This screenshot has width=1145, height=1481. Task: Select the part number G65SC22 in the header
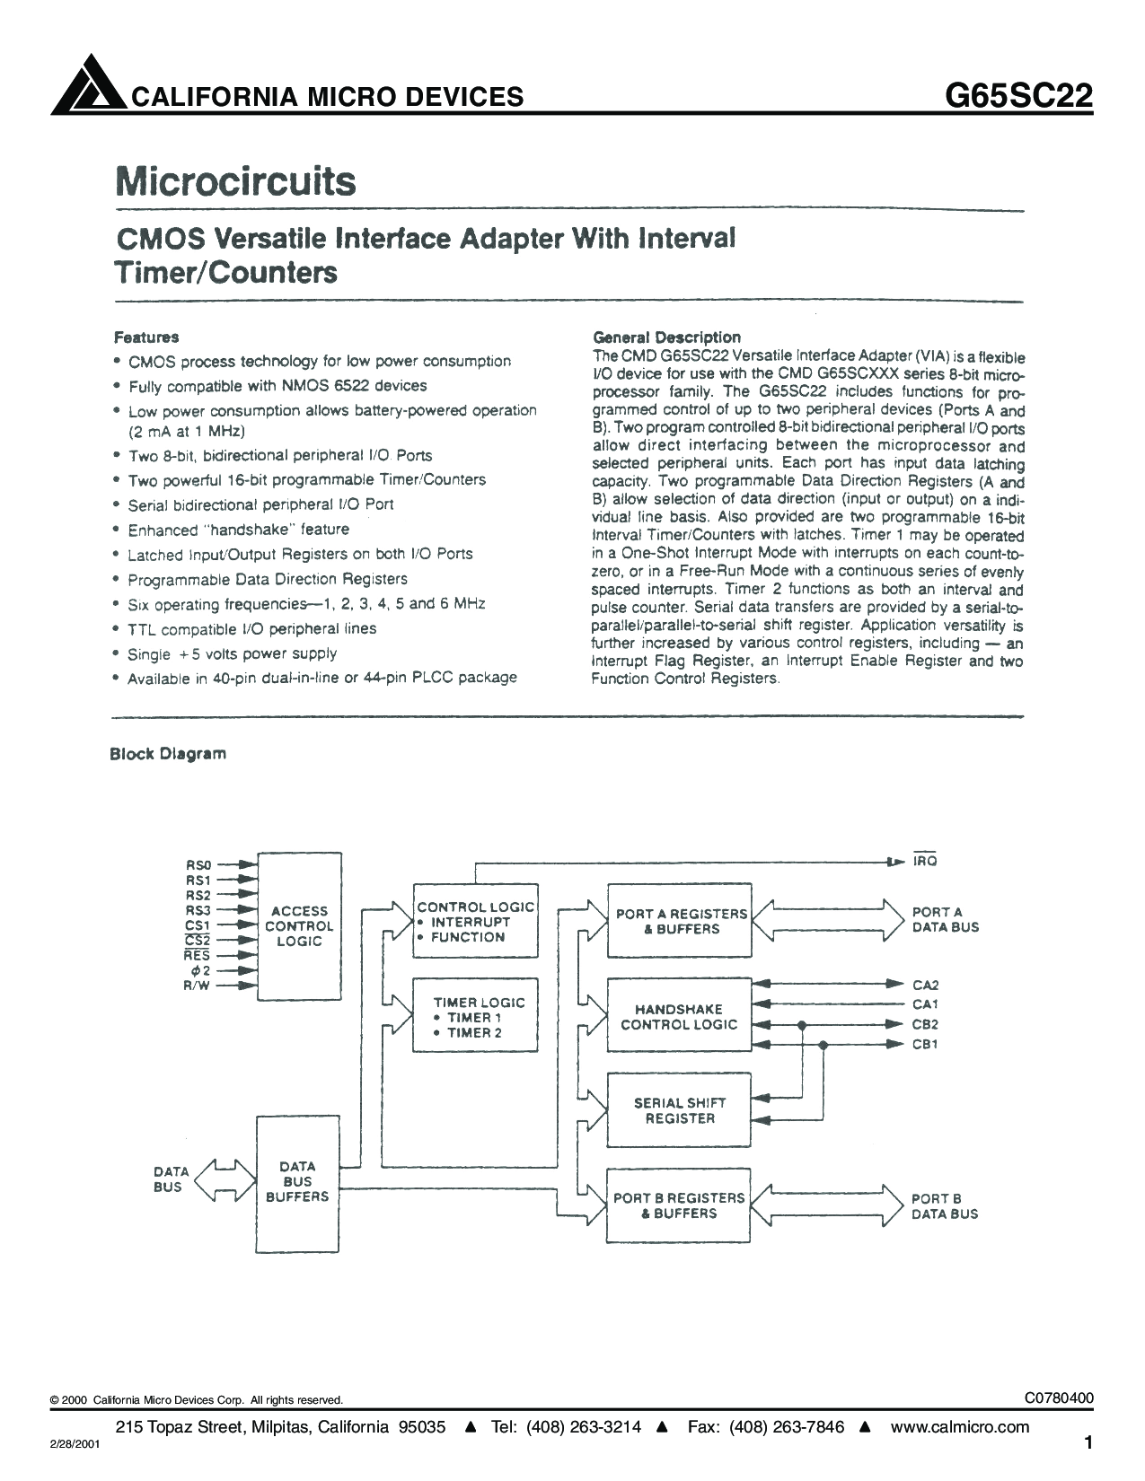click(1018, 96)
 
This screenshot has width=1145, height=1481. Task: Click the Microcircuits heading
click(235, 181)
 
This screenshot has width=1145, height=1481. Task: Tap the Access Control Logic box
click(299, 925)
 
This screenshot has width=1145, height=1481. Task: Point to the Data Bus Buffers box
click(297, 1183)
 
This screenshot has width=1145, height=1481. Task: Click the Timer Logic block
click(475, 1015)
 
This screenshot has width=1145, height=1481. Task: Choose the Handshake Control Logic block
click(679, 1015)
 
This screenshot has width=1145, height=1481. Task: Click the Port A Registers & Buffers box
click(680, 921)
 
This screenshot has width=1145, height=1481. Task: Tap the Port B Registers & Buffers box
click(679, 1205)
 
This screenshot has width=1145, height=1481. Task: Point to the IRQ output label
click(925, 861)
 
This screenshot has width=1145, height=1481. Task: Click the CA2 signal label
click(925, 985)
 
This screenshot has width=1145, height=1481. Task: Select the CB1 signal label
click(925, 1044)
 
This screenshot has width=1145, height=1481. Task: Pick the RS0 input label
click(199, 865)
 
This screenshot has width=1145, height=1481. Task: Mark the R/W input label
click(197, 986)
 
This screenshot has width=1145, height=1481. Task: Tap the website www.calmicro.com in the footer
click(959, 1426)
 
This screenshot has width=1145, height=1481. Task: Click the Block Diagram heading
click(168, 754)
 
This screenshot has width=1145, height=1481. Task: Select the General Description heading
click(666, 337)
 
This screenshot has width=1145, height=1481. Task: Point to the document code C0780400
click(1059, 1398)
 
